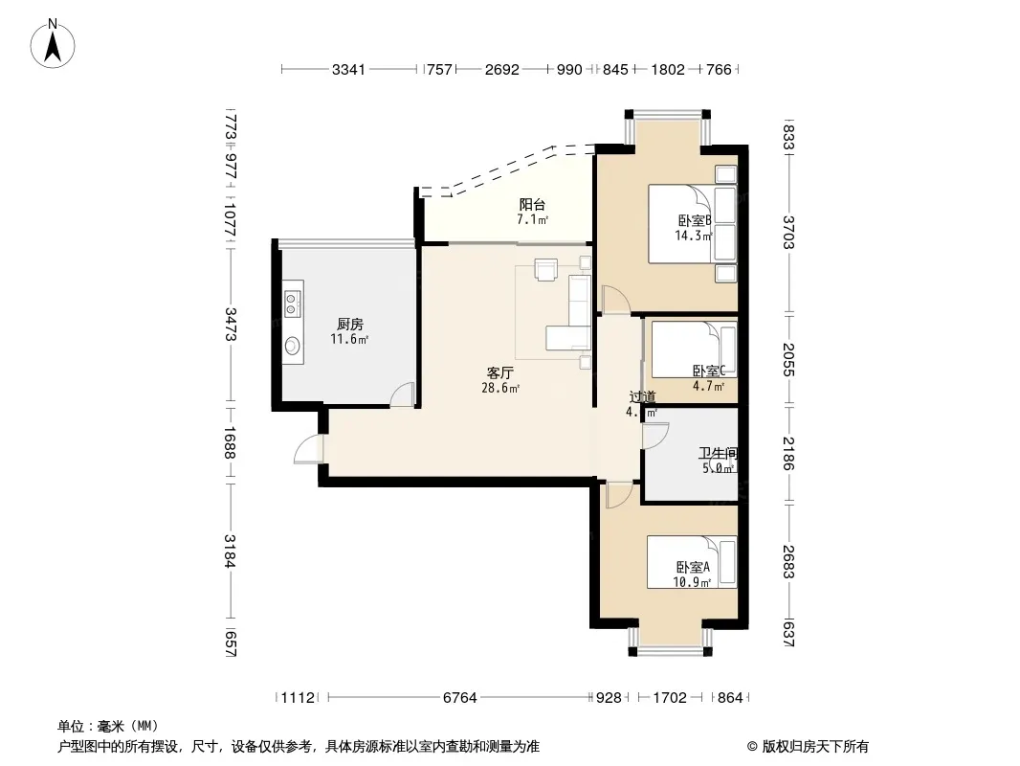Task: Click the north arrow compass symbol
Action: pyautogui.click(x=53, y=44)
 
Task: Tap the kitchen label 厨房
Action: pyautogui.click(x=350, y=324)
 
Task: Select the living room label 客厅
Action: pyautogui.click(x=500, y=372)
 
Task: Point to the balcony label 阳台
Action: pyautogui.click(x=532, y=204)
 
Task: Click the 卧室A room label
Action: pyautogui.click(x=693, y=568)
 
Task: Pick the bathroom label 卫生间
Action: pyautogui.click(x=719, y=453)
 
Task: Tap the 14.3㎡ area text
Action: pyautogui.click(x=694, y=236)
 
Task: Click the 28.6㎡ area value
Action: pyautogui.click(x=500, y=389)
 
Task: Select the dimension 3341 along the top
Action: pyautogui.click(x=348, y=70)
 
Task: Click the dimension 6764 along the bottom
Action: pyautogui.click(x=460, y=698)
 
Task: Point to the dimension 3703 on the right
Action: pyautogui.click(x=787, y=233)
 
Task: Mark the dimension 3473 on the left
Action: pyautogui.click(x=231, y=324)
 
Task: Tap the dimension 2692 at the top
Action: pyautogui.click(x=502, y=70)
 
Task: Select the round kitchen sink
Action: pyautogui.click(x=293, y=345)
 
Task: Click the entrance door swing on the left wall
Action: pyautogui.click(x=308, y=449)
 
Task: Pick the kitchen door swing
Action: pyautogui.click(x=403, y=394)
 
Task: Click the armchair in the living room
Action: pyautogui.click(x=545, y=269)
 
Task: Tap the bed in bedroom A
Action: pyautogui.click(x=692, y=562)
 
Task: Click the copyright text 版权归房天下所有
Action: pyautogui.click(x=815, y=747)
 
